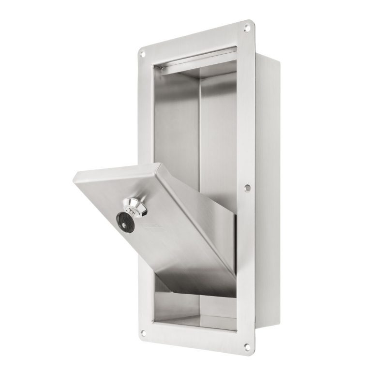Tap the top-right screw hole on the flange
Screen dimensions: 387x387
pos(248,28)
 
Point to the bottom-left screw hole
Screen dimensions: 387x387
pos(143,333)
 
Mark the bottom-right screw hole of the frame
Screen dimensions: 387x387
pos(247,346)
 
